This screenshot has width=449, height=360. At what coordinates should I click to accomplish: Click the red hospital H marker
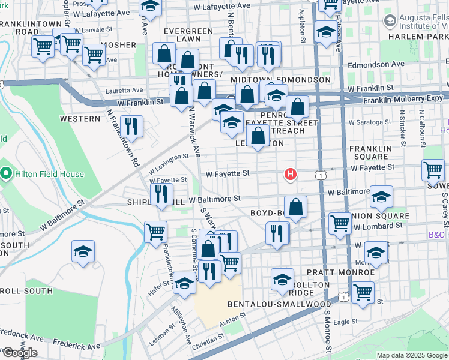click(291, 175)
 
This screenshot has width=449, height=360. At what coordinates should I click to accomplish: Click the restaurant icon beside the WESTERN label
click(131, 126)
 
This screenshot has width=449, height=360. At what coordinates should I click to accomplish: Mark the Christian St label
click(209, 341)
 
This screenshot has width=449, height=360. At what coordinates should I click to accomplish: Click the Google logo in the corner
click(20, 353)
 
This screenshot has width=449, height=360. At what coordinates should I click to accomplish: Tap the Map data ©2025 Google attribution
click(411, 355)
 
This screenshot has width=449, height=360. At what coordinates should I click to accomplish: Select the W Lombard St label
click(378, 226)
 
